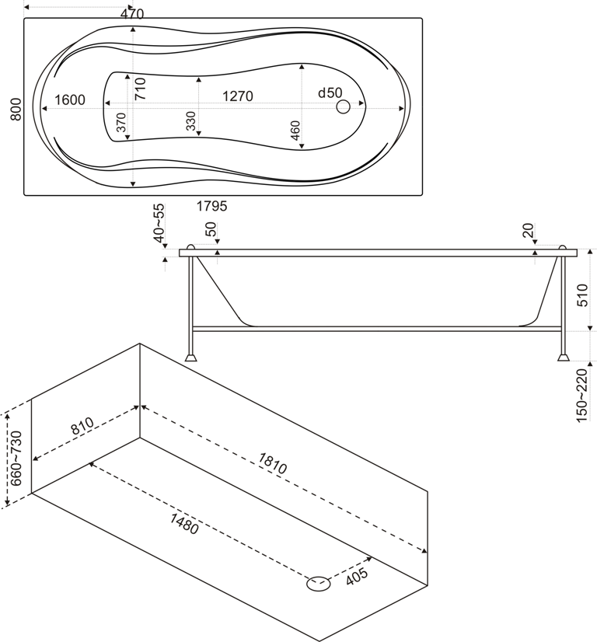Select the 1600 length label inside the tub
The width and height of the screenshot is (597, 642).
[70, 99]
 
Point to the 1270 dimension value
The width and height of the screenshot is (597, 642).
[237, 96]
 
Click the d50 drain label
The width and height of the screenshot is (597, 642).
[330, 92]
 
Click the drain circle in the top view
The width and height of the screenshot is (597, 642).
[344, 107]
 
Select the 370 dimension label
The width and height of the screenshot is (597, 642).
[121, 127]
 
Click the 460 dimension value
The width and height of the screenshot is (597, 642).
[295, 131]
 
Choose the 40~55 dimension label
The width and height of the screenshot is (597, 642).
[159, 224]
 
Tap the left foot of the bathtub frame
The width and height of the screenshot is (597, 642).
[190, 358]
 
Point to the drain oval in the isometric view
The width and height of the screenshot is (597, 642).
[318, 583]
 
